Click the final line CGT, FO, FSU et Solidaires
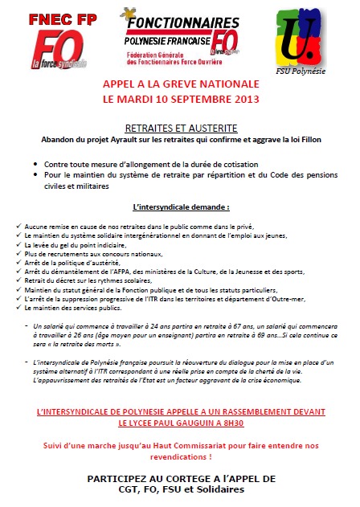tap(180, 489)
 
